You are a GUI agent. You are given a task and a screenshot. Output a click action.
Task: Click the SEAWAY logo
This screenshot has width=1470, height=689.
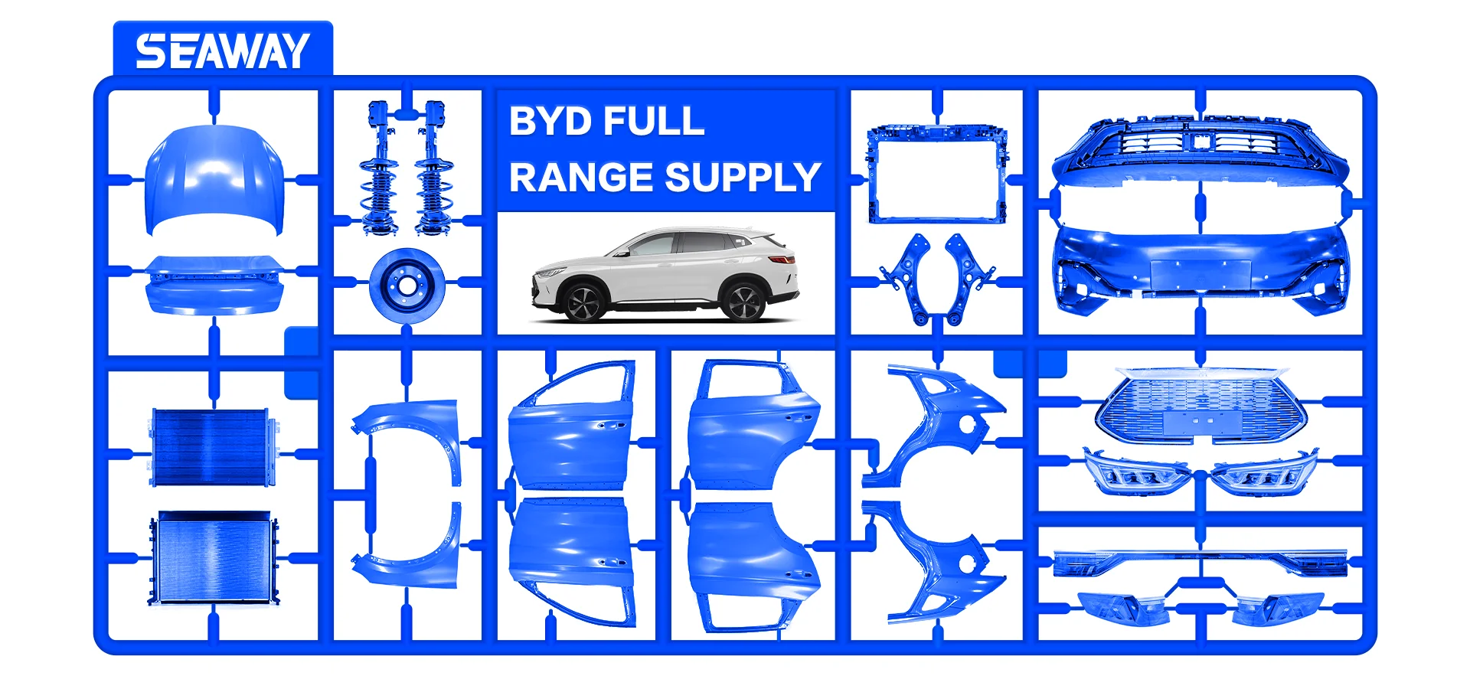click(222, 51)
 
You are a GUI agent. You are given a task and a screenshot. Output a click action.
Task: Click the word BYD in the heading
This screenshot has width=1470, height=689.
click(550, 121)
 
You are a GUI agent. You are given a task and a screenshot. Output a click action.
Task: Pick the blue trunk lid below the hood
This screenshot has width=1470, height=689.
click(214, 287)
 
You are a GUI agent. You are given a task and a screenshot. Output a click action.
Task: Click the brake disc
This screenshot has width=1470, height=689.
click(407, 286)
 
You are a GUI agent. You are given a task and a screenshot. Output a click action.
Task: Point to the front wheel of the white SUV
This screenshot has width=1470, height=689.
click(583, 302)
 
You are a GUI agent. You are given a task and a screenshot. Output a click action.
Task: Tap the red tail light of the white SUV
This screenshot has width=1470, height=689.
click(786, 260)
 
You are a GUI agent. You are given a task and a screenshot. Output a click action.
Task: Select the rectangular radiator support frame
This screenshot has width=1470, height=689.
click(936, 174)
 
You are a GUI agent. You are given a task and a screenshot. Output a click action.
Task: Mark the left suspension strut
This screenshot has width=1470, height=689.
click(378, 168)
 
